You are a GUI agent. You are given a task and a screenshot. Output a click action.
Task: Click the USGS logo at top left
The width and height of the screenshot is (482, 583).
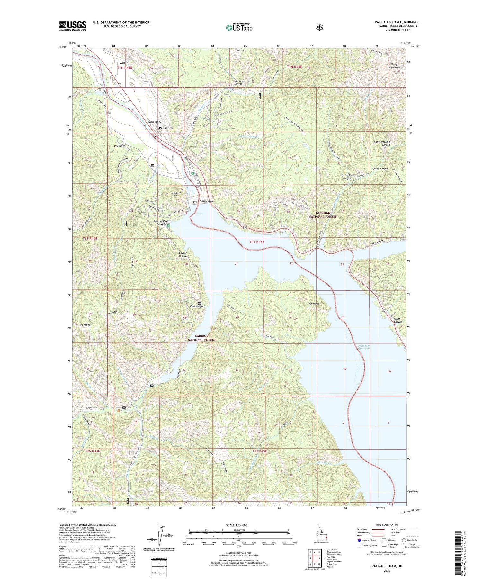[73, 26]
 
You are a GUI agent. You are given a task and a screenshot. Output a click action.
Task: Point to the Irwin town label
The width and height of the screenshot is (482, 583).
[121, 63]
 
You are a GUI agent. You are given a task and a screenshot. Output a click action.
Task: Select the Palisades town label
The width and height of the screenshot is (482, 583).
[165, 128]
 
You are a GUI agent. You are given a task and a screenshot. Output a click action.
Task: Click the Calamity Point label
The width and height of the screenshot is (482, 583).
[175, 194]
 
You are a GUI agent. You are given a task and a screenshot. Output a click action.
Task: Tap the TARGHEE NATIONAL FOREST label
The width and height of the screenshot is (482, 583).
[322, 214]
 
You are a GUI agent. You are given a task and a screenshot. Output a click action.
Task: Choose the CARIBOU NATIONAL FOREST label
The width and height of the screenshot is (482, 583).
[201, 338]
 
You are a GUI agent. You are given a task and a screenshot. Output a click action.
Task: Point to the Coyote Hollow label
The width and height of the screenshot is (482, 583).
[183, 254]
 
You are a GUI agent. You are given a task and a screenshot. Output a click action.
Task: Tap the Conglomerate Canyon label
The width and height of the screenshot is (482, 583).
[382, 143]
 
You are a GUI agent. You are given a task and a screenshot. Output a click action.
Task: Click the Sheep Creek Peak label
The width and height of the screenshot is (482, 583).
[394, 66]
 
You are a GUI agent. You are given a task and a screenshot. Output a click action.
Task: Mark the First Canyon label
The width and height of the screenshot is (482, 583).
[197, 306]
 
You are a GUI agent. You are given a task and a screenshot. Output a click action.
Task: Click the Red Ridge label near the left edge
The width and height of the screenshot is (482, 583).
[85, 325]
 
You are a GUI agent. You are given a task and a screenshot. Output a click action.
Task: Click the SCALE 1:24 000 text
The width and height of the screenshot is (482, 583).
[237, 525]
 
